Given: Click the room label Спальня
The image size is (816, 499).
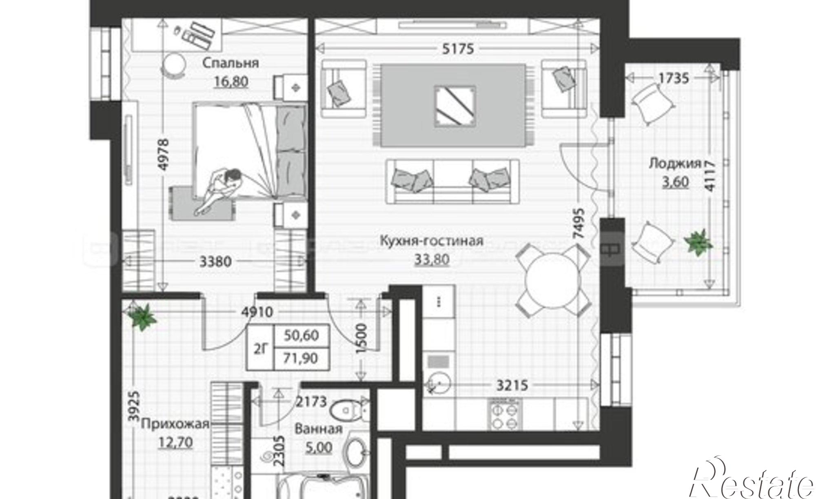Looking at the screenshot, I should pyautogui.click(x=231, y=63).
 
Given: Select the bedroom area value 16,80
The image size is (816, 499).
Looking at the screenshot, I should pyautogui.click(x=231, y=82).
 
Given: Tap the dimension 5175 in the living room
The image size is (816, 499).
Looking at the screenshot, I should pyautogui.click(x=459, y=49).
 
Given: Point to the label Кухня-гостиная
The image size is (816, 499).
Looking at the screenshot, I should pyautogui.click(x=431, y=241).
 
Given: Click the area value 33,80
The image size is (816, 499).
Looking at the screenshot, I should pyautogui.click(x=432, y=259).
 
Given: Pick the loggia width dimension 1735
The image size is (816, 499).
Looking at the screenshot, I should pyautogui.click(x=674, y=78).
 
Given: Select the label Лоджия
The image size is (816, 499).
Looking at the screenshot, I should pyautogui.click(x=674, y=164).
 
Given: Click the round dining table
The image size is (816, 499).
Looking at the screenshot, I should pyautogui.click(x=553, y=281).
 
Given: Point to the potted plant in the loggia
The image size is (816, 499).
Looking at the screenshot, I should pyautogui.click(x=699, y=242).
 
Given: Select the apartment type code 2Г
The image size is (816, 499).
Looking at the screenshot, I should pyautogui.click(x=261, y=348).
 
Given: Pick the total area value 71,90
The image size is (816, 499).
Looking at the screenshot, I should pyautogui.click(x=301, y=359).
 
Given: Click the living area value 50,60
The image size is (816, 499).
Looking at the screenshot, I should pyautogui.click(x=301, y=336).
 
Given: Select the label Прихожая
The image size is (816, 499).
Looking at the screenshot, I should pyautogui.click(x=175, y=424).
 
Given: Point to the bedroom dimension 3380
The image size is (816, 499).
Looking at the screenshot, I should pyautogui.click(x=215, y=262).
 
